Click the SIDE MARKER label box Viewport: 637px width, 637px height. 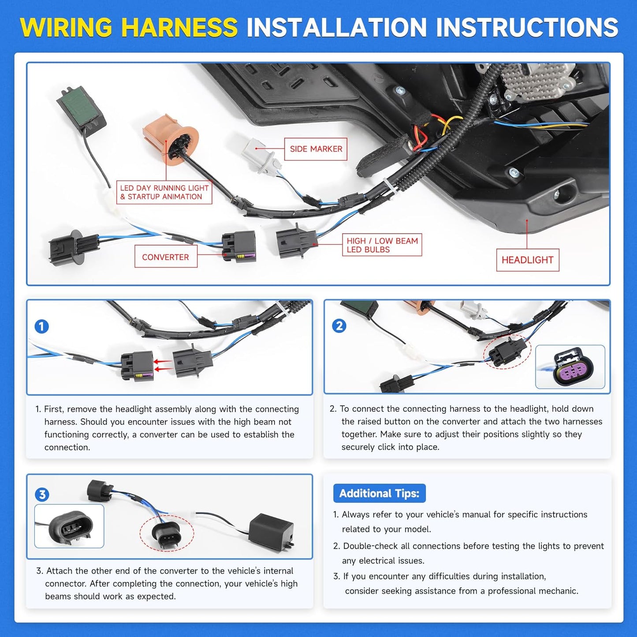[315, 149]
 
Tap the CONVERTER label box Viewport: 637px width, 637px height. [166, 257]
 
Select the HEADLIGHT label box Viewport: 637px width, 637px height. [528, 260]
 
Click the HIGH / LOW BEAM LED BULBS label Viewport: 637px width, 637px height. [382, 245]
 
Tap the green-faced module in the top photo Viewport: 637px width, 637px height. [82, 111]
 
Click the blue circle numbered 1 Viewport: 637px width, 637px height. [41, 327]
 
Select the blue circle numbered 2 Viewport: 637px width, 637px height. [339, 326]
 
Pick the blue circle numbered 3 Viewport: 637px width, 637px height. [42, 495]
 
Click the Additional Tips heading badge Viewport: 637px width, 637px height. [379, 494]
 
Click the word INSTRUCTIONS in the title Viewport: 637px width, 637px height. [527, 27]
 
